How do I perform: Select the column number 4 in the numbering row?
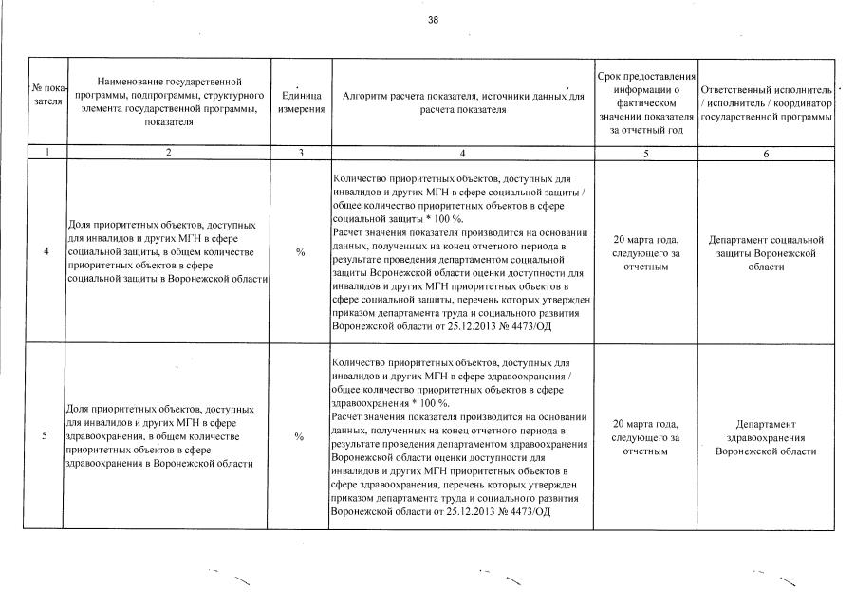click(x=462, y=152)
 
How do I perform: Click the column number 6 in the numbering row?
click(x=766, y=152)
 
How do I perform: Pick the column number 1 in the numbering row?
click(x=46, y=152)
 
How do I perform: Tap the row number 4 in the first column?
click(x=46, y=252)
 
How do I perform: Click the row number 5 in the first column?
click(x=46, y=436)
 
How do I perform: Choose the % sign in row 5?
click(x=301, y=436)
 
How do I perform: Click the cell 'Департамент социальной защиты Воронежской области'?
click(x=766, y=253)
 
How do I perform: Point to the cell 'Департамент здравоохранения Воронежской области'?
click(x=766, y=437)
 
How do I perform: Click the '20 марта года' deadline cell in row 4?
click(x=645, y=253)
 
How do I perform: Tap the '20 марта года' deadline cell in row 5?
click(x=645, y=437)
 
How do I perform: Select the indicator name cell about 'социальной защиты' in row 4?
click(x=166, y=252)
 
